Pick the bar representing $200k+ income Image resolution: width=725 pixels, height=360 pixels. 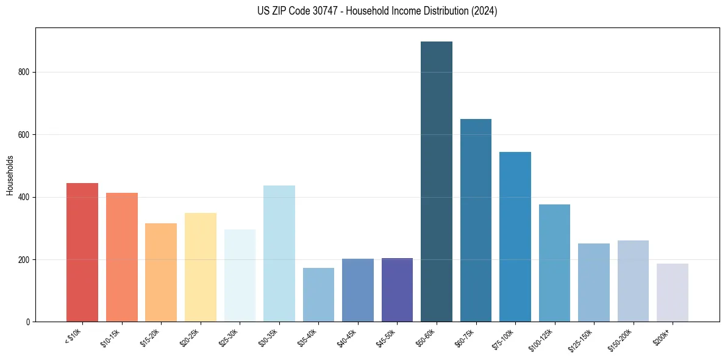(673, 293)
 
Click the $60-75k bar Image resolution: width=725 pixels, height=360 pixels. (476, 220)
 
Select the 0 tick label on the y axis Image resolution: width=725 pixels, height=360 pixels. (28, 322)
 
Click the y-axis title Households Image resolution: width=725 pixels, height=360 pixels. (10, 175)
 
